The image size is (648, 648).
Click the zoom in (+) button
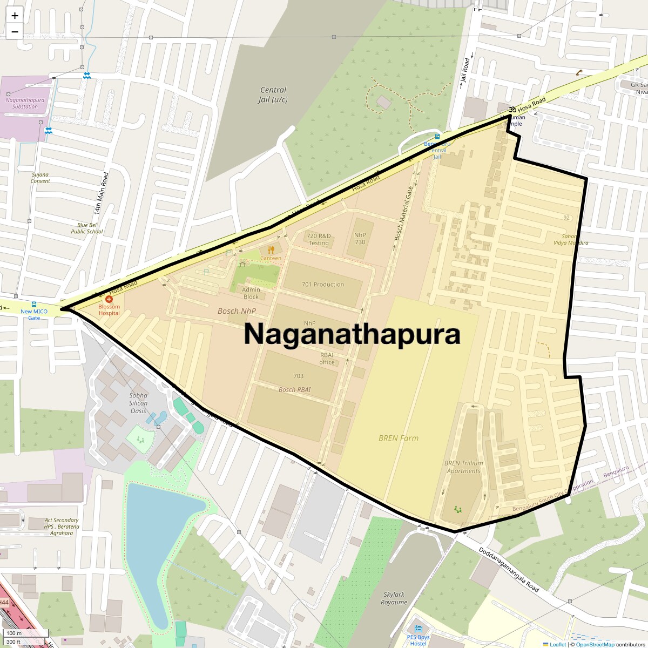pos(15,15)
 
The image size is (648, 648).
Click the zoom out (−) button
pos(15,31)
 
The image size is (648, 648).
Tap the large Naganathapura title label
pos(352,334)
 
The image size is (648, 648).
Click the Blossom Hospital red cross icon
pos(109,299)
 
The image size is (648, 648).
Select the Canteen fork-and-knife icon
pos(271,249)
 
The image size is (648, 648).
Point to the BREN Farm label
pos(399,438)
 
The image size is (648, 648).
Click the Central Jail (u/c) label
pos(273,94)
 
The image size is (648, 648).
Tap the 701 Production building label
pos(323,284)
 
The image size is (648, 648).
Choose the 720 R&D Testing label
pos(319,239)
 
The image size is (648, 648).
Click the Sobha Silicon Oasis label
pos(138,403)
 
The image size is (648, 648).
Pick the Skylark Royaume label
pos(394,598)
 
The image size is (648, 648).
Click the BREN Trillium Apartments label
pos(463,467)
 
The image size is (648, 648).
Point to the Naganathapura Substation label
pos(25,103)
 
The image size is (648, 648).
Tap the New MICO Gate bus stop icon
pos(34,305)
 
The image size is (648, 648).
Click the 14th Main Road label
pos(102,193)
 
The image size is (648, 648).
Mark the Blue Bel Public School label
pos(86,228)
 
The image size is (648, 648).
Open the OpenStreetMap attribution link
pos(595,644)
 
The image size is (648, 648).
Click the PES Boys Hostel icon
pos(418,629)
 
